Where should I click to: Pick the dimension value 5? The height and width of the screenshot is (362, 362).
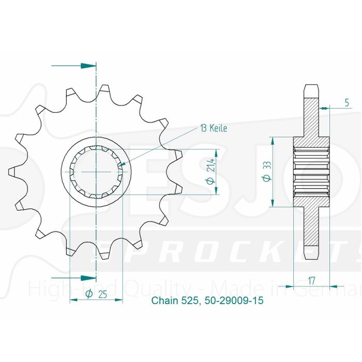pyautogui.click(x=346, y=102)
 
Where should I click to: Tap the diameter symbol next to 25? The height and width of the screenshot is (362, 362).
pyautogui.click(x=88, y=294)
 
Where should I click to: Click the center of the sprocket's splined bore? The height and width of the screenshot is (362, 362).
pyautogui.click(x=96, y=170)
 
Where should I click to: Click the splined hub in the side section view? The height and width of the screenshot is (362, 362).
pyautogui.click(x=312, y=170)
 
